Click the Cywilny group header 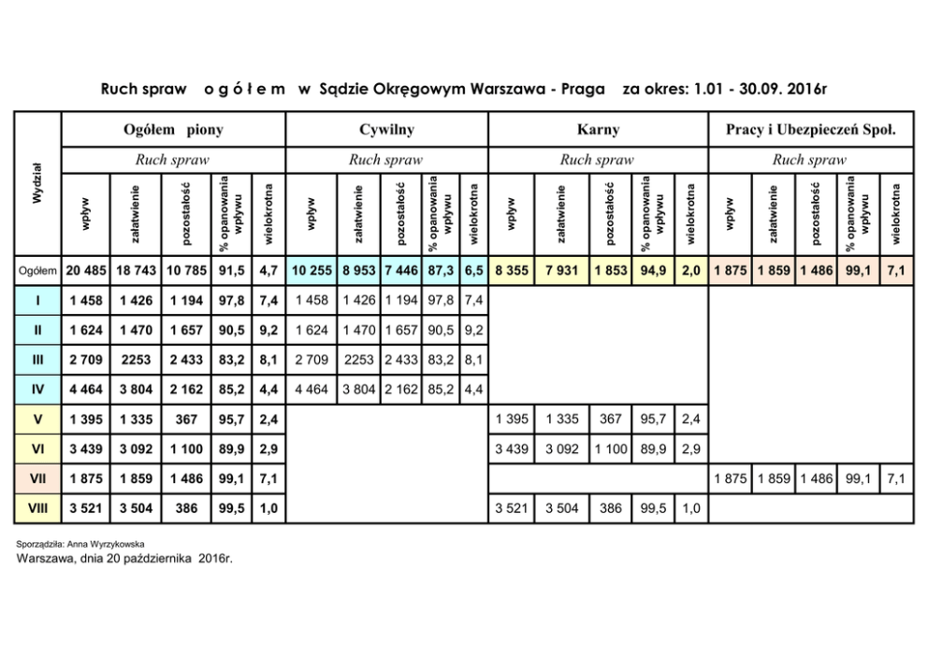pyautogui.click(x=385, y=130)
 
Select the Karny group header pyautogui.click(x=599, y=130)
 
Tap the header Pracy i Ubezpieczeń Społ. pyautogui.click(x=811, y=130)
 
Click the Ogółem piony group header pyautogui.click(x=173, y=130)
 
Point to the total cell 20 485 pyautogui.click(x=86, y=270)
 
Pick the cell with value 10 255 pyautogui.click(x=312, y=270)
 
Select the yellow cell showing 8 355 pyautogui.click(x=511, y=270)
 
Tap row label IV pyautogui.click(x=38, y=390)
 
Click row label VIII pyautogui.click(x=38, y=509)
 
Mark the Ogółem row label pyautogui.click(x=38, y=270)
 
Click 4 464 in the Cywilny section pyautogui.click(x=312, y=390)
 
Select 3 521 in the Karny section pyautogui.click(x=511, y=509)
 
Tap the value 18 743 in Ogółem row pyautogui.click(x=138, y=270)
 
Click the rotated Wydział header pyautogui.click(x=37, y=184)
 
